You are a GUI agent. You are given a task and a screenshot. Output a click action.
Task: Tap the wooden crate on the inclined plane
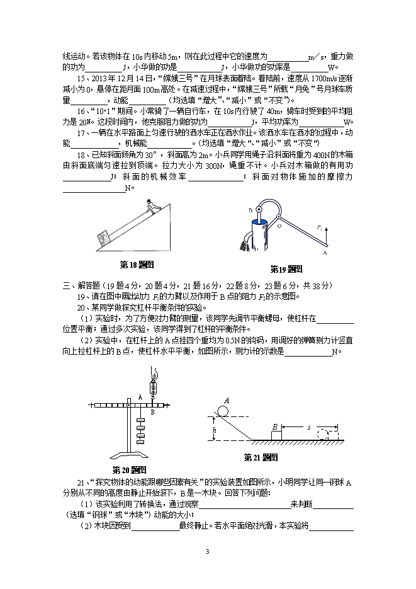[x=102, y=238]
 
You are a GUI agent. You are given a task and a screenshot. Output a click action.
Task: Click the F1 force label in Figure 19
[x=320, y=227]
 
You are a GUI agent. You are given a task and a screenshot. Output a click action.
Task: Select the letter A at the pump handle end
[x=325, y=253]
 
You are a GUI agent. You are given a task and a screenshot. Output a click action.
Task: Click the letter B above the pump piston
[x=250, y=210]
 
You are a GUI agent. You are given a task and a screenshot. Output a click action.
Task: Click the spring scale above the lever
[x=152, y=384]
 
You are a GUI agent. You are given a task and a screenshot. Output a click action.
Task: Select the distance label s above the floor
[x=308, y=427]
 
